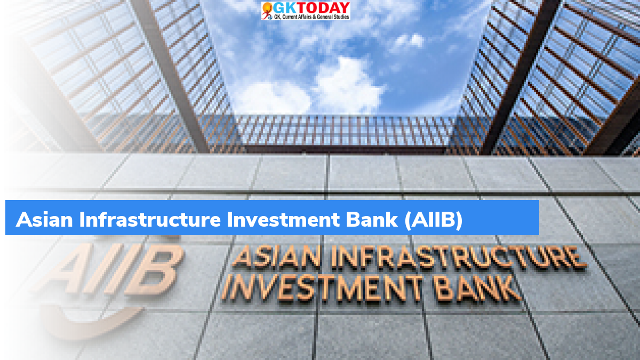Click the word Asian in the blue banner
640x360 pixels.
[x=44, y=219]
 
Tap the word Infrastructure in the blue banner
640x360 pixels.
[x=150, y=219]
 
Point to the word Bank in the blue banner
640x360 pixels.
[x=372, y=219]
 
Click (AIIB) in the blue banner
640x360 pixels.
[x=434, y=220]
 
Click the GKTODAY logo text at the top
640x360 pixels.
[x=311, y=8]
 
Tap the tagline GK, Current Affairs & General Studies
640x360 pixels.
[x=311, y=17]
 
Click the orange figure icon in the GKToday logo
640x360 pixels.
[x=267, y=11]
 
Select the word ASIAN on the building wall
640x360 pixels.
[x=277, y=258]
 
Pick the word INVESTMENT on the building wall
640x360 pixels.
[x=322, y=289]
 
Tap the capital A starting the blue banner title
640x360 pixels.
[x=23, y=220]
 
